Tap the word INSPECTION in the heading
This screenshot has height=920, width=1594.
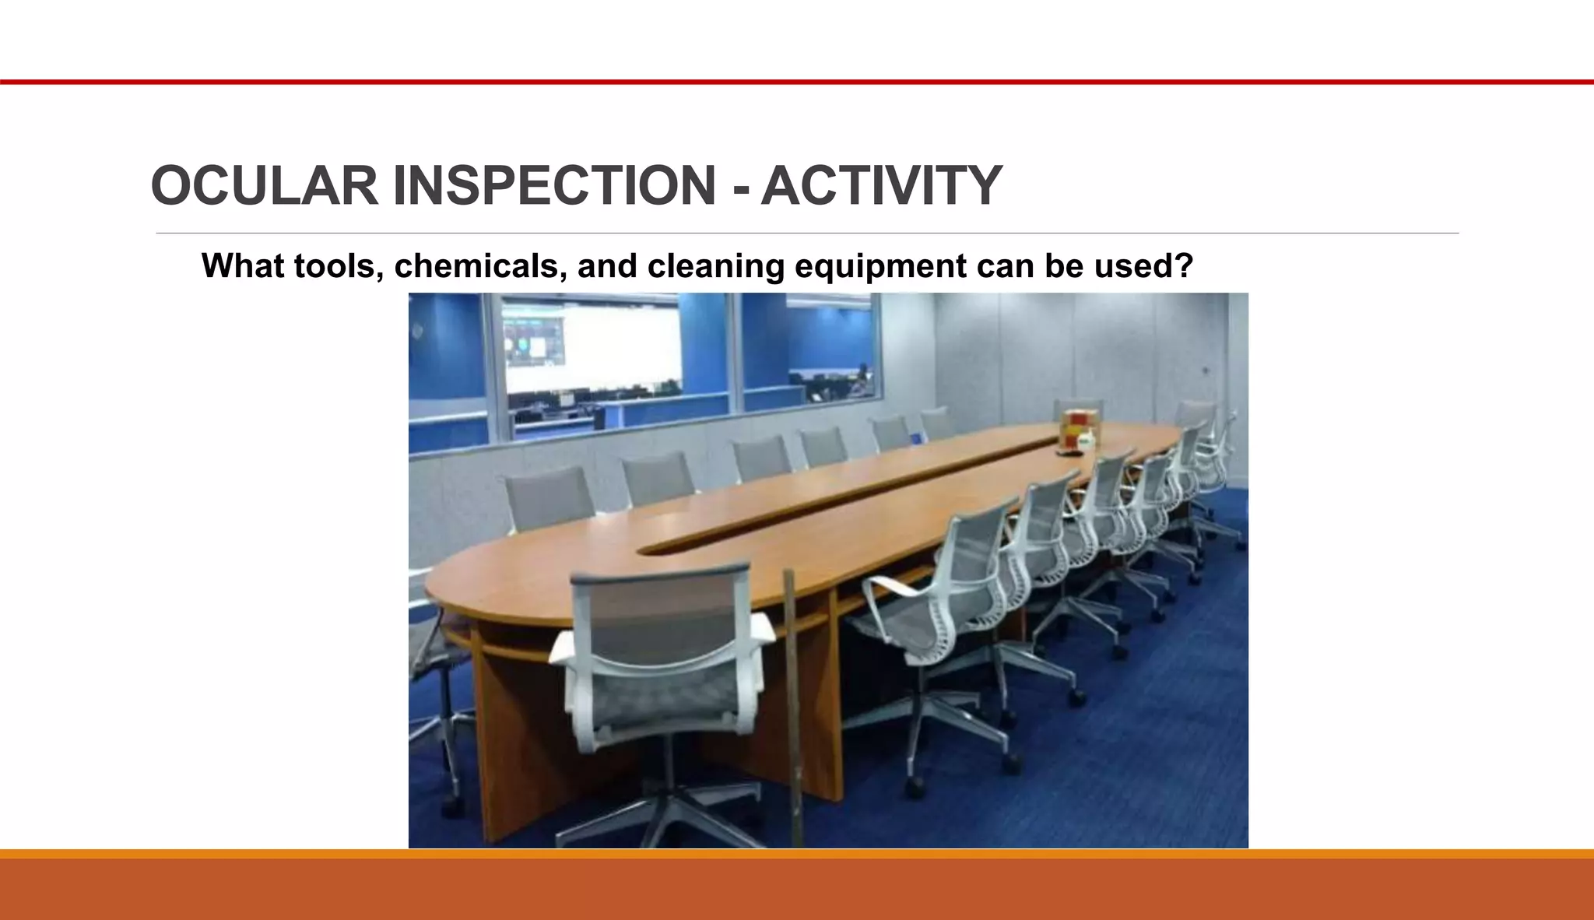[554, 187]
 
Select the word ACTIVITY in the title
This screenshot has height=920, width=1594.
[881, 187]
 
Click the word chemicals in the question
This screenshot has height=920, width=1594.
[480, 266]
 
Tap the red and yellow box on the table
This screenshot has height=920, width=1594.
[1076, 428]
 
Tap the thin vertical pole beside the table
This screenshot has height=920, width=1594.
[792, 701]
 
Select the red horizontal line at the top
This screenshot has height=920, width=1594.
[797, 82]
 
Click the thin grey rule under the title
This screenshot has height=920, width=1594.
[806, 233]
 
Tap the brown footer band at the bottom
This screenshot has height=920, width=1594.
[797, 889]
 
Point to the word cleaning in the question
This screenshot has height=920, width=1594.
[715, 266]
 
